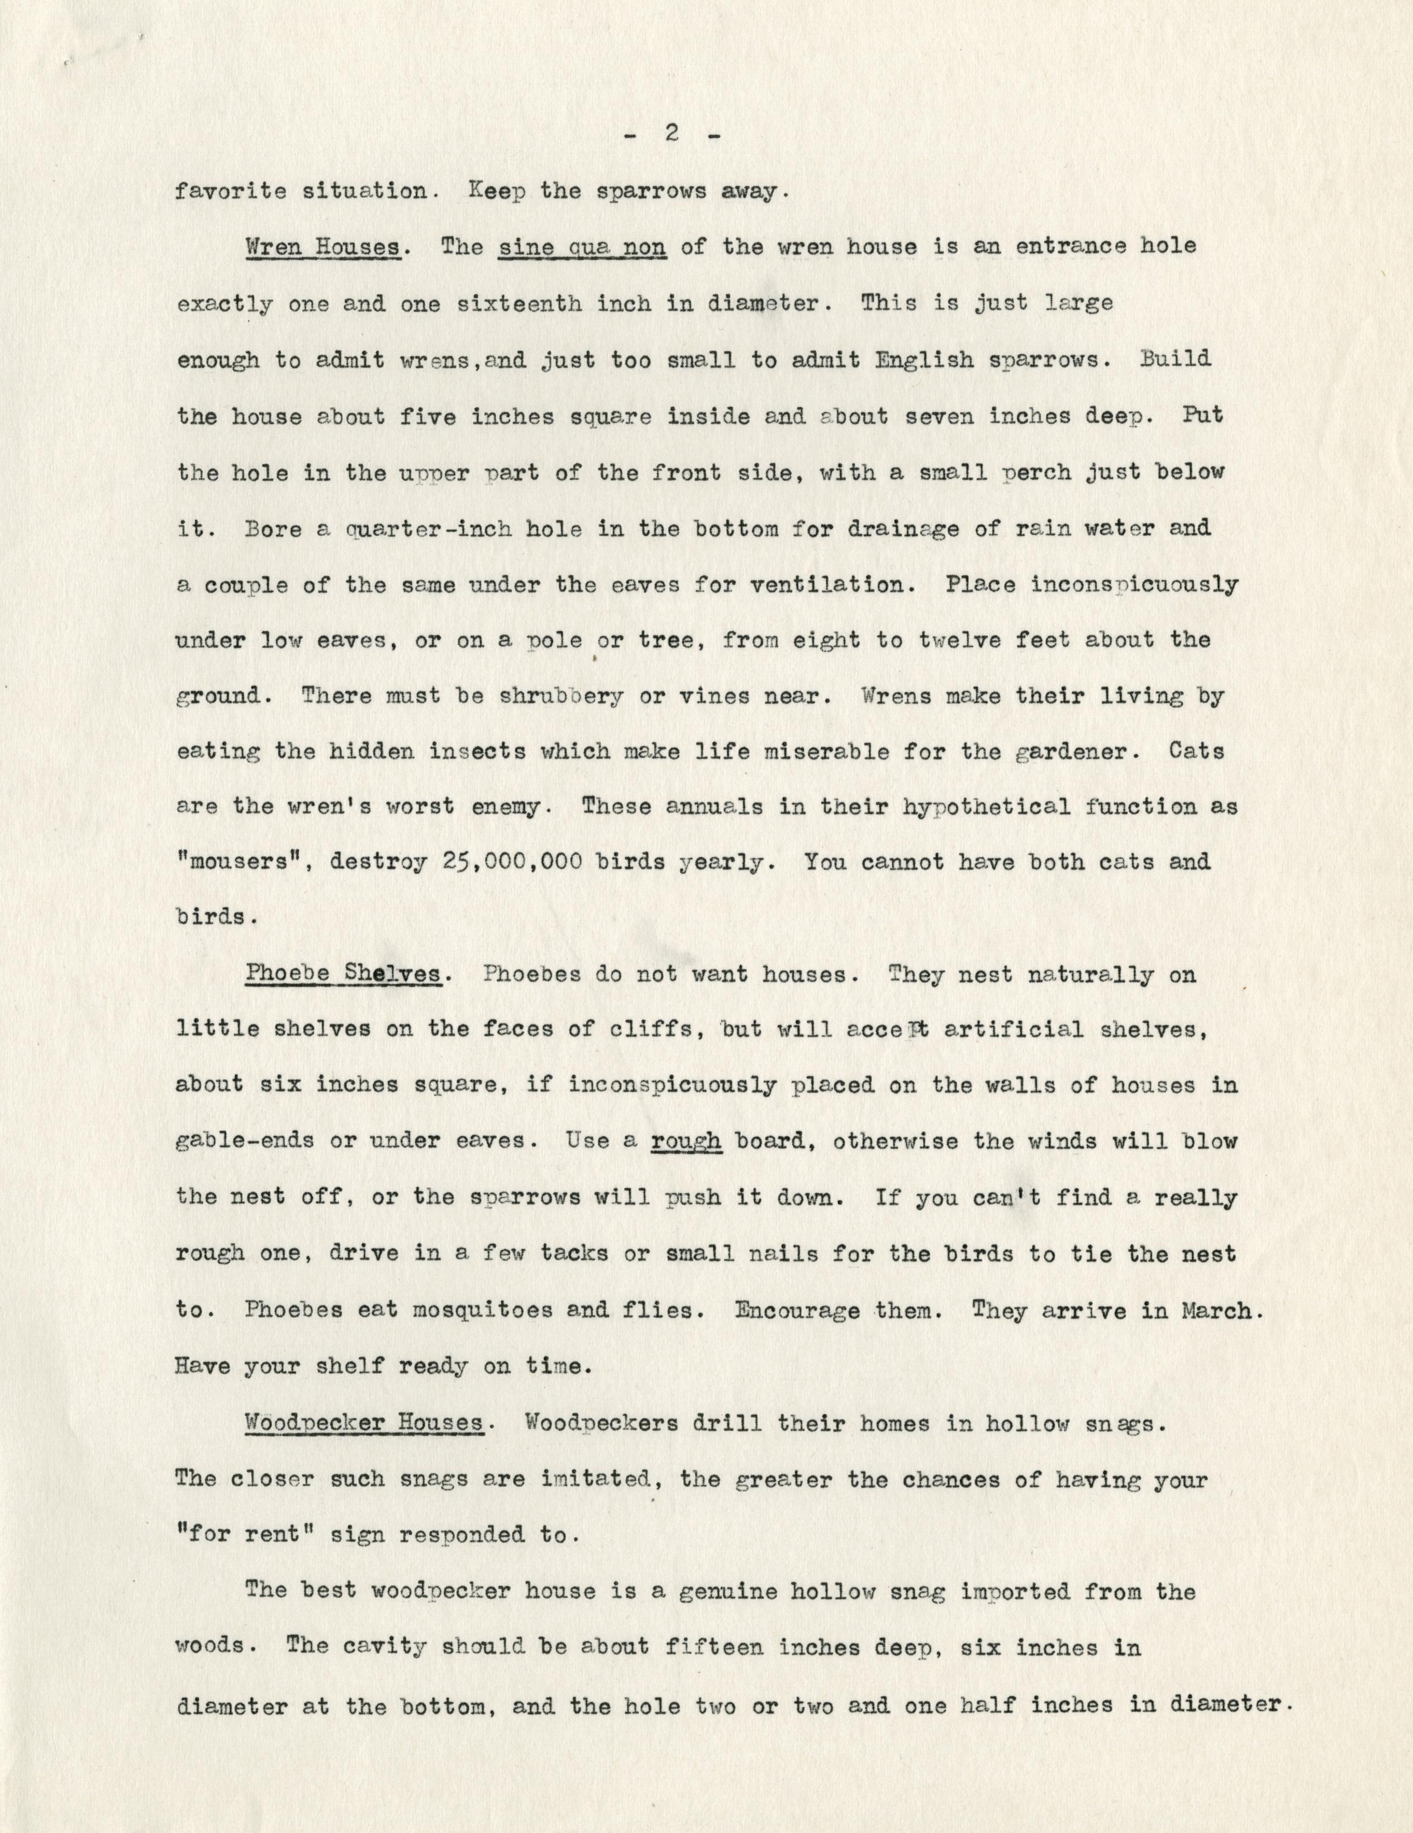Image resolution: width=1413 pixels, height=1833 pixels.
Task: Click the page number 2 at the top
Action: [x=671, y=134]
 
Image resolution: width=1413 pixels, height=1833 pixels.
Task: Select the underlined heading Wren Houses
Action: [x=322, y=247]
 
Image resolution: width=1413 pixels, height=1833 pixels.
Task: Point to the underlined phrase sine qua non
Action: [x=583, y=247]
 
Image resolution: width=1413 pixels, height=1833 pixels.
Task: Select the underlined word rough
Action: [x=686, y=1141]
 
